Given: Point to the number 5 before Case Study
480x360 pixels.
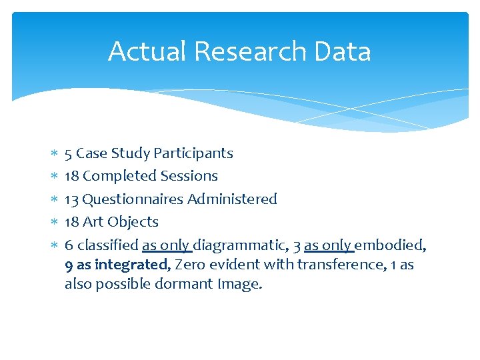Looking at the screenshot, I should [68, 153].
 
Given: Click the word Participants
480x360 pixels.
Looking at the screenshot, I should [193, 153].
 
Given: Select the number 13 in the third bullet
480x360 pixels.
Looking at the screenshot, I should [71, 199].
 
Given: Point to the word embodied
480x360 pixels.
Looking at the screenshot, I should [389, 245].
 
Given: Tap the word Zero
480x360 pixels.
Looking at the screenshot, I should [189, 265].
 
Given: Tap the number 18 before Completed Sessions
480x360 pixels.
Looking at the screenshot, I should [71, 176].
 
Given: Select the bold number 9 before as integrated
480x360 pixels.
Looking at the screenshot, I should [69, 265].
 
